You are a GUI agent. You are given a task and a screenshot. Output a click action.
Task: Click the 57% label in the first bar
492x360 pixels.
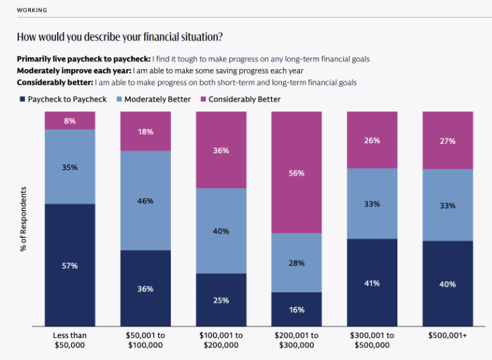coord(69,266)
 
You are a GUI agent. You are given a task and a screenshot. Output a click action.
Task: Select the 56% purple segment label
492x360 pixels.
coord(296,172)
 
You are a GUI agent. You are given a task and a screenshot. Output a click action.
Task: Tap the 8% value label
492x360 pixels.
coord(69,121)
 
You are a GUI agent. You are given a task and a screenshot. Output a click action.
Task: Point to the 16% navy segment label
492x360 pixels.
coord(296,310)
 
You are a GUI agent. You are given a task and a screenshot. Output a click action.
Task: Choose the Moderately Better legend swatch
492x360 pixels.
coord(118,100)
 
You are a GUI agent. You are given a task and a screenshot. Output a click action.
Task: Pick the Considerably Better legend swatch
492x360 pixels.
coord(203,100)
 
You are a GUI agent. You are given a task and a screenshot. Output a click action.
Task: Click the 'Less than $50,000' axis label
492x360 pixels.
coord(69,340)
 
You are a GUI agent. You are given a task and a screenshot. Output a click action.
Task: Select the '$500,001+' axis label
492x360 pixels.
coord(447,335)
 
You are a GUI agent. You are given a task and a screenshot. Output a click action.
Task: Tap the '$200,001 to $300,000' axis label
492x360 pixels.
coord(296,340)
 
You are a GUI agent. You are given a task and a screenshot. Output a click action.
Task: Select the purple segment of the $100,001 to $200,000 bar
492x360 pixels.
coord(220,150)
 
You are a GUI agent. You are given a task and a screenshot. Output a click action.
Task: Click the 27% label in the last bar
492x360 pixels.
coord(447,140)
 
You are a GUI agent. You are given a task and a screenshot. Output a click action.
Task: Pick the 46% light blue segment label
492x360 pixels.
coord(145,201)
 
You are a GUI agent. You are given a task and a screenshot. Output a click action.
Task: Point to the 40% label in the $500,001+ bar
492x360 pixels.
coord(447,284)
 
